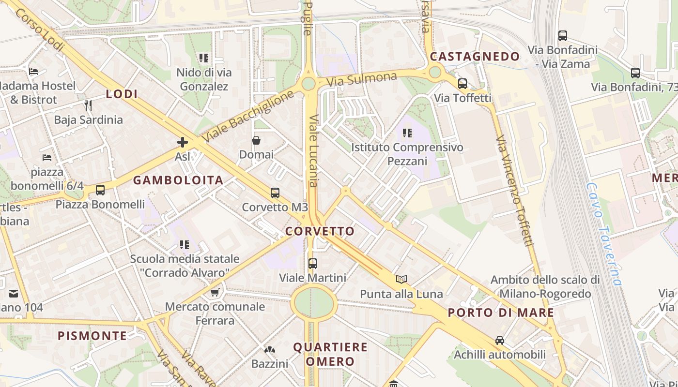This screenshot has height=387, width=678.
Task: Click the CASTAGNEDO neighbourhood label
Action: coord(475,57)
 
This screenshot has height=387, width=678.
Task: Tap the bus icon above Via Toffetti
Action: coord(462,84)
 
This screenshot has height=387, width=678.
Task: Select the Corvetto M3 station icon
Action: coord(275,193)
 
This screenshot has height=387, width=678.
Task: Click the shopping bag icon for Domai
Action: coord(256,141)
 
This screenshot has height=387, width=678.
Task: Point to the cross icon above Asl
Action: coord(183,142)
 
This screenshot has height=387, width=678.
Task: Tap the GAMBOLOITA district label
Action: coord(178,180)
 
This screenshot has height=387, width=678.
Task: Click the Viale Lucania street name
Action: coord(313,150)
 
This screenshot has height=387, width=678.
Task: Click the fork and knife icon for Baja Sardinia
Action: coord(88,105)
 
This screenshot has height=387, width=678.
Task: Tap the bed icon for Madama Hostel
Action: coord(33,72)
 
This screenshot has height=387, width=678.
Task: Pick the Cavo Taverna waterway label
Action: coord(603,233)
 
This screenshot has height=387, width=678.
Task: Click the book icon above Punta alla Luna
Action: coord(401,279)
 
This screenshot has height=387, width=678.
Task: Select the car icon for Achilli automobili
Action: coord(500,341)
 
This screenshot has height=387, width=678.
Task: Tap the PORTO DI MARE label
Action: coord(501,313)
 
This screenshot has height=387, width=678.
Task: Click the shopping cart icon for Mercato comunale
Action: coord(215,292)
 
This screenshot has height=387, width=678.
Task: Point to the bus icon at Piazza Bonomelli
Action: coord(100,190)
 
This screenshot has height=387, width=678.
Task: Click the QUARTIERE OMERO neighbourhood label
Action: coord(330,354)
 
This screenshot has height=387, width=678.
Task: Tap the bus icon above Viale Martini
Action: coord(313,264)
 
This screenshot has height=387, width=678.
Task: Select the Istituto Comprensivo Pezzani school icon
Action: coord(407,133)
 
